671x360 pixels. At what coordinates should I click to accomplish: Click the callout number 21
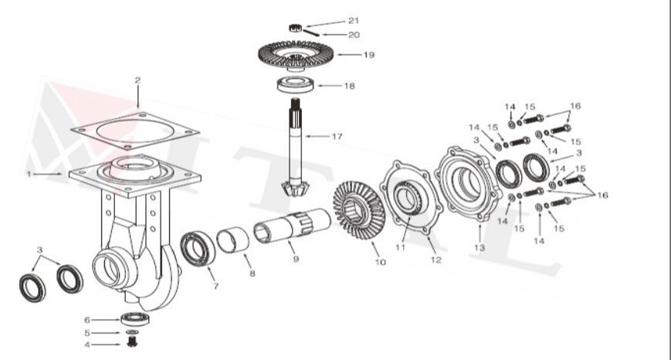[x=353, y=20]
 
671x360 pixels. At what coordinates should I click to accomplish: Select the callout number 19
[x=368, y=55]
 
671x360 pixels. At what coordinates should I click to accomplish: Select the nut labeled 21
[x=294, y=27]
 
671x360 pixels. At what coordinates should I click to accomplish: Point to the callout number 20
[x=353, y=35]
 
